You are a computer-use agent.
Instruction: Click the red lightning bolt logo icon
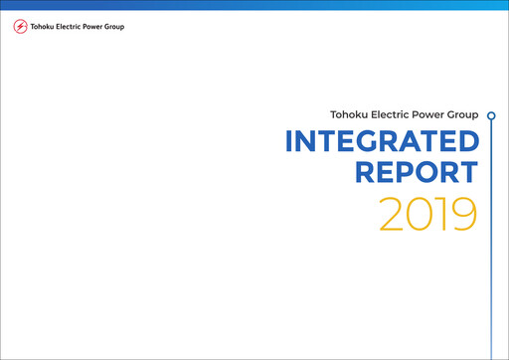[x=21, y=27]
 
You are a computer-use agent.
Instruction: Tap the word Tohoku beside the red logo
[x=45, y=27]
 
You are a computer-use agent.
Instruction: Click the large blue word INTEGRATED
[x=381, y=142]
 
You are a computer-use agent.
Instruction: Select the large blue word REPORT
[x=417, y=173]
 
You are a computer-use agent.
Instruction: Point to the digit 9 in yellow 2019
[x=464, y=214]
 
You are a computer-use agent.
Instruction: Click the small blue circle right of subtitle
[x=491, y=115]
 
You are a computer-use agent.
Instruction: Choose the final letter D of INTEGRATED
[x=466, y=142]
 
